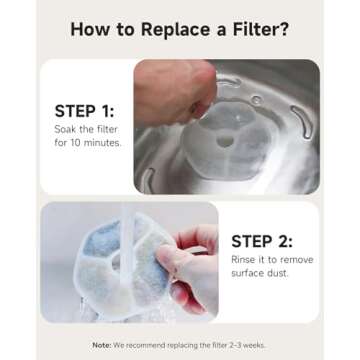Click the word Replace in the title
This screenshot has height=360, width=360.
[158, 28]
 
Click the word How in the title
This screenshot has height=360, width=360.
[89, 28]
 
